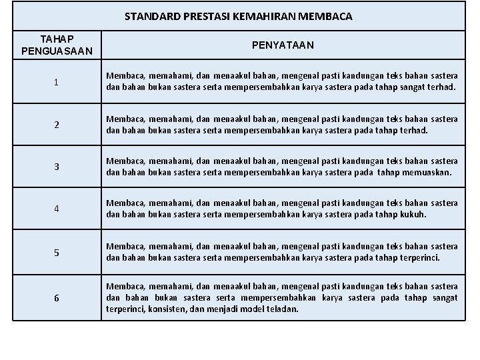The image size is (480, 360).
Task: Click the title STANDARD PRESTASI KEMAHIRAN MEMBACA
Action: (x=239, y=16)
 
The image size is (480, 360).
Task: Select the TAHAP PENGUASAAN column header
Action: (x=57, y=45)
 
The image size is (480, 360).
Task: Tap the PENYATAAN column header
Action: (x=283, y=45)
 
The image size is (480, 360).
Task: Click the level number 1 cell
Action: (x=57, y=83)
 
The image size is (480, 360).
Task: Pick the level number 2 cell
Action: (x=57, y=125)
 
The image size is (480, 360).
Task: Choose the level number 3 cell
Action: (x=57, y=167)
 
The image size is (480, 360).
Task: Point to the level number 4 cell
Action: (x=57, y=208)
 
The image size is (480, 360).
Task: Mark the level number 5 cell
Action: (x=57, y=253)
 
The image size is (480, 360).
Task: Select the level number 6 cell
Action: (x=57, y=298)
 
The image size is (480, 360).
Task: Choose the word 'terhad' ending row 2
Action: (x=414, y=130)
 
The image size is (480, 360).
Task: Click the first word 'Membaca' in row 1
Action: (x=123, y=77)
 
